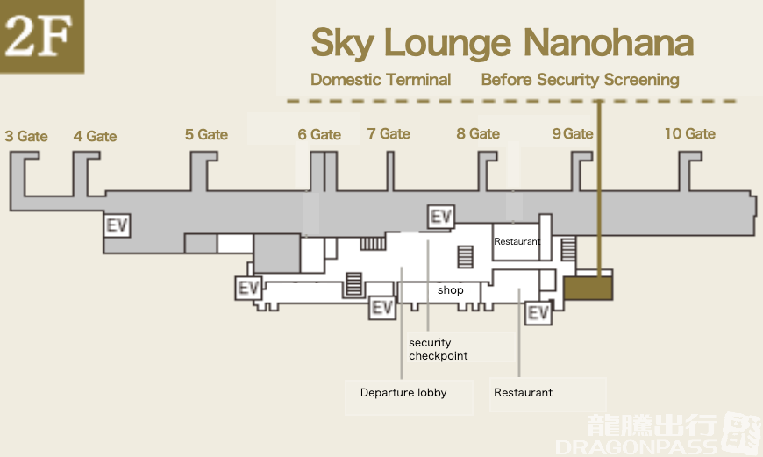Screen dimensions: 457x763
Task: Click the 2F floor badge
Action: (42, 36)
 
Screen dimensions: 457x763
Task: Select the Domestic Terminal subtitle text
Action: (381, 80)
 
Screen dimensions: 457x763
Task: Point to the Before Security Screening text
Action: (580, 80)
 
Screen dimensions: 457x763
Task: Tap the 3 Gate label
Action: (26, 136)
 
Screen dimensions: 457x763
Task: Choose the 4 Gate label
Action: (95, 136)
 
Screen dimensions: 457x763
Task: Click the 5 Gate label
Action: (206, 134)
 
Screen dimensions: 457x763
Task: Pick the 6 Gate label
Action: (319, 134)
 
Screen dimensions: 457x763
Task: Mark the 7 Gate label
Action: (389, 133)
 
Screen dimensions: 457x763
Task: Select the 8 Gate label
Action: (478, 133)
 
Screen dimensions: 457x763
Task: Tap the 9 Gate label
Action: (573, 133)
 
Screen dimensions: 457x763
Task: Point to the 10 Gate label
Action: (689, 133)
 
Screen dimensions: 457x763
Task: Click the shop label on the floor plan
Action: (450, 290)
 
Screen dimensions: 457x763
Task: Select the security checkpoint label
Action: (438, 349)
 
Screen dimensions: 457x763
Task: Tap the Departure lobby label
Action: (403, 393)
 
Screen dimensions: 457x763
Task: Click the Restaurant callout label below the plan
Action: (523, 393)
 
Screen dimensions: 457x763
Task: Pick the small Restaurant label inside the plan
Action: (517, 241)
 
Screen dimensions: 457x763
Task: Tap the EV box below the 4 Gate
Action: (117, 225)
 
